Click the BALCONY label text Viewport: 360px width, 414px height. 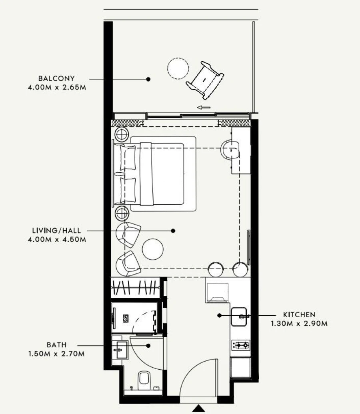(56, 78)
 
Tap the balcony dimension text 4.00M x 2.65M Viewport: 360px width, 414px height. (56, 86)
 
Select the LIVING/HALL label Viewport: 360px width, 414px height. (56, 231)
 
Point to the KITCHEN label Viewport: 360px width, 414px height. (299, 315)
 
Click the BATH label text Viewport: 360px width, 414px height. (56, 345)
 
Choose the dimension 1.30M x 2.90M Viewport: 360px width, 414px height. (299, 323)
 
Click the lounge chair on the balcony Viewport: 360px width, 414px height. (205, 80)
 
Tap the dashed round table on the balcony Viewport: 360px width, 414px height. (178, 68)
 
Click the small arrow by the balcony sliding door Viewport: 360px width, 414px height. (204, 107)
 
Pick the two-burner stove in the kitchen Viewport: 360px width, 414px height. (241, 344)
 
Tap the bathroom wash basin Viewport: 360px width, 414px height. (119, 350)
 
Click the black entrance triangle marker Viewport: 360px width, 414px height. (199, 408)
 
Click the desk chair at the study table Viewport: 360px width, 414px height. (230, 149)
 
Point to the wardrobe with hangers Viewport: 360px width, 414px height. (135, 287)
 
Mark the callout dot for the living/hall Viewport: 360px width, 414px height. (173, 231)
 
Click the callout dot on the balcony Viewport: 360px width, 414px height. (148, 79)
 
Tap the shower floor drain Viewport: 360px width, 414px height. (126, 318)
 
